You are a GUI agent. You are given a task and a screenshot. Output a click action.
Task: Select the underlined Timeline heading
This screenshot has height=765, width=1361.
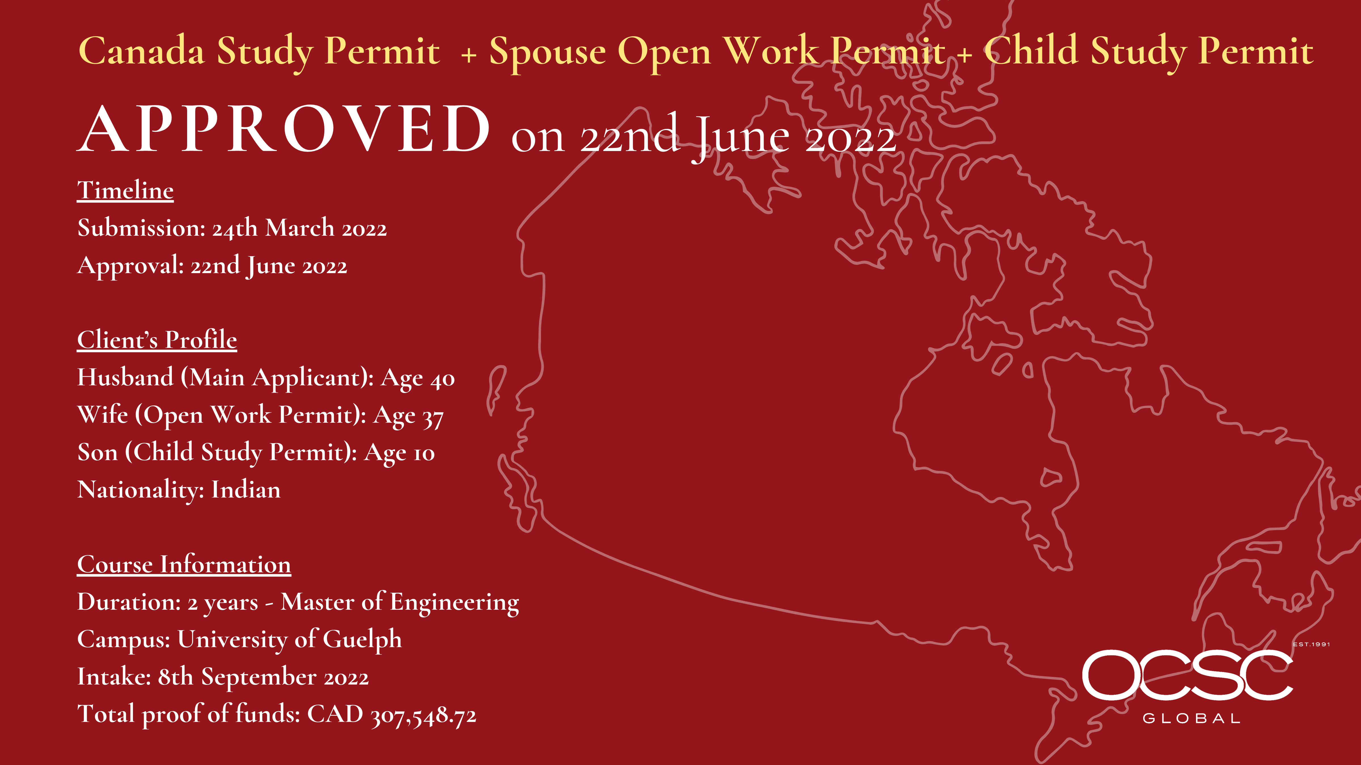click(125, 191)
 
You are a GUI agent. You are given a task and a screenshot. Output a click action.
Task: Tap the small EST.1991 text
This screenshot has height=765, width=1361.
click(1311, 644)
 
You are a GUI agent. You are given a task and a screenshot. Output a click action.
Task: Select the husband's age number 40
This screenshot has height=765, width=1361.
click(443, 379)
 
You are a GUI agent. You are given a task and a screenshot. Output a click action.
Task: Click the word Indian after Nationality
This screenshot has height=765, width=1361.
click(246, 490)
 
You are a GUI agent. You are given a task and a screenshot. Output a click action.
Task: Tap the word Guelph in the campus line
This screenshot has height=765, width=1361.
click(362, 640)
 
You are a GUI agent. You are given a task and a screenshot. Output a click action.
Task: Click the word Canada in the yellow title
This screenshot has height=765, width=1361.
click(141, 51)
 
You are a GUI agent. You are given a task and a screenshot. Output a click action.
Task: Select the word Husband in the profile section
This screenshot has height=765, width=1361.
click(125, 377)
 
